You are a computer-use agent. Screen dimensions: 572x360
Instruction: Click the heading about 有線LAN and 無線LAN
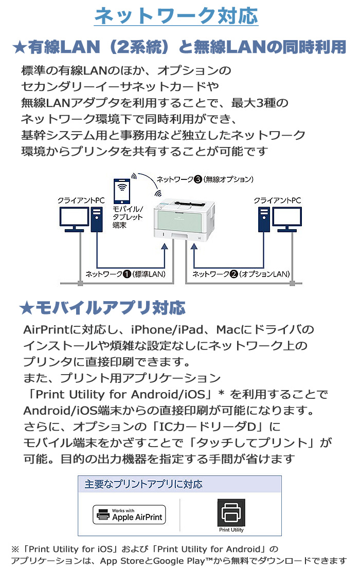coord(179,47)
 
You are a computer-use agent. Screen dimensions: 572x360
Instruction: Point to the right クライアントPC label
coord(278,200)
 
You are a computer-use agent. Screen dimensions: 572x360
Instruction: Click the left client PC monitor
coord(74,218)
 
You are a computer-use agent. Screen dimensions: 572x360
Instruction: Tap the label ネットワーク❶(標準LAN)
coord(125,274)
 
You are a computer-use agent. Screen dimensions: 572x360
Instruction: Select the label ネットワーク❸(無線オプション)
coord(205,179)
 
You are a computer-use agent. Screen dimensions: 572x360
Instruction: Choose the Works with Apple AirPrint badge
coord(130,514)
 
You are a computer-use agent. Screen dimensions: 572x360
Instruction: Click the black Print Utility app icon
coord(231,512)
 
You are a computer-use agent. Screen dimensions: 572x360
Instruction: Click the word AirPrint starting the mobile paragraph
coord(47,329)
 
